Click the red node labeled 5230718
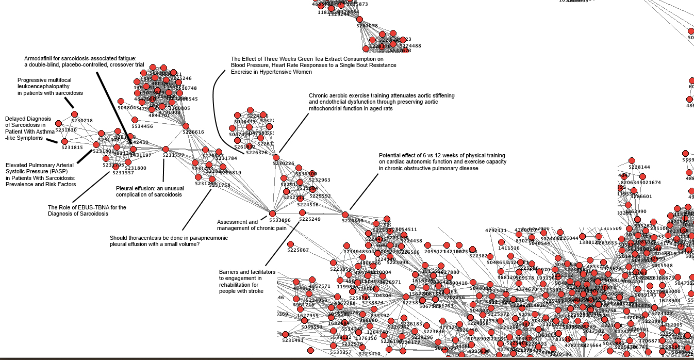74,114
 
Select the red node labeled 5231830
59,123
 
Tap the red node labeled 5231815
64,141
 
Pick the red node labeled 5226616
185,125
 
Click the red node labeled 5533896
272,214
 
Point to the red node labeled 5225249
302,212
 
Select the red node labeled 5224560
345,214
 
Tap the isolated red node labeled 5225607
290,243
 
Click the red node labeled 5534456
135,119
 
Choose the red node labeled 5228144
632,160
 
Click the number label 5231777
173,155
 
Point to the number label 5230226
284,163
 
